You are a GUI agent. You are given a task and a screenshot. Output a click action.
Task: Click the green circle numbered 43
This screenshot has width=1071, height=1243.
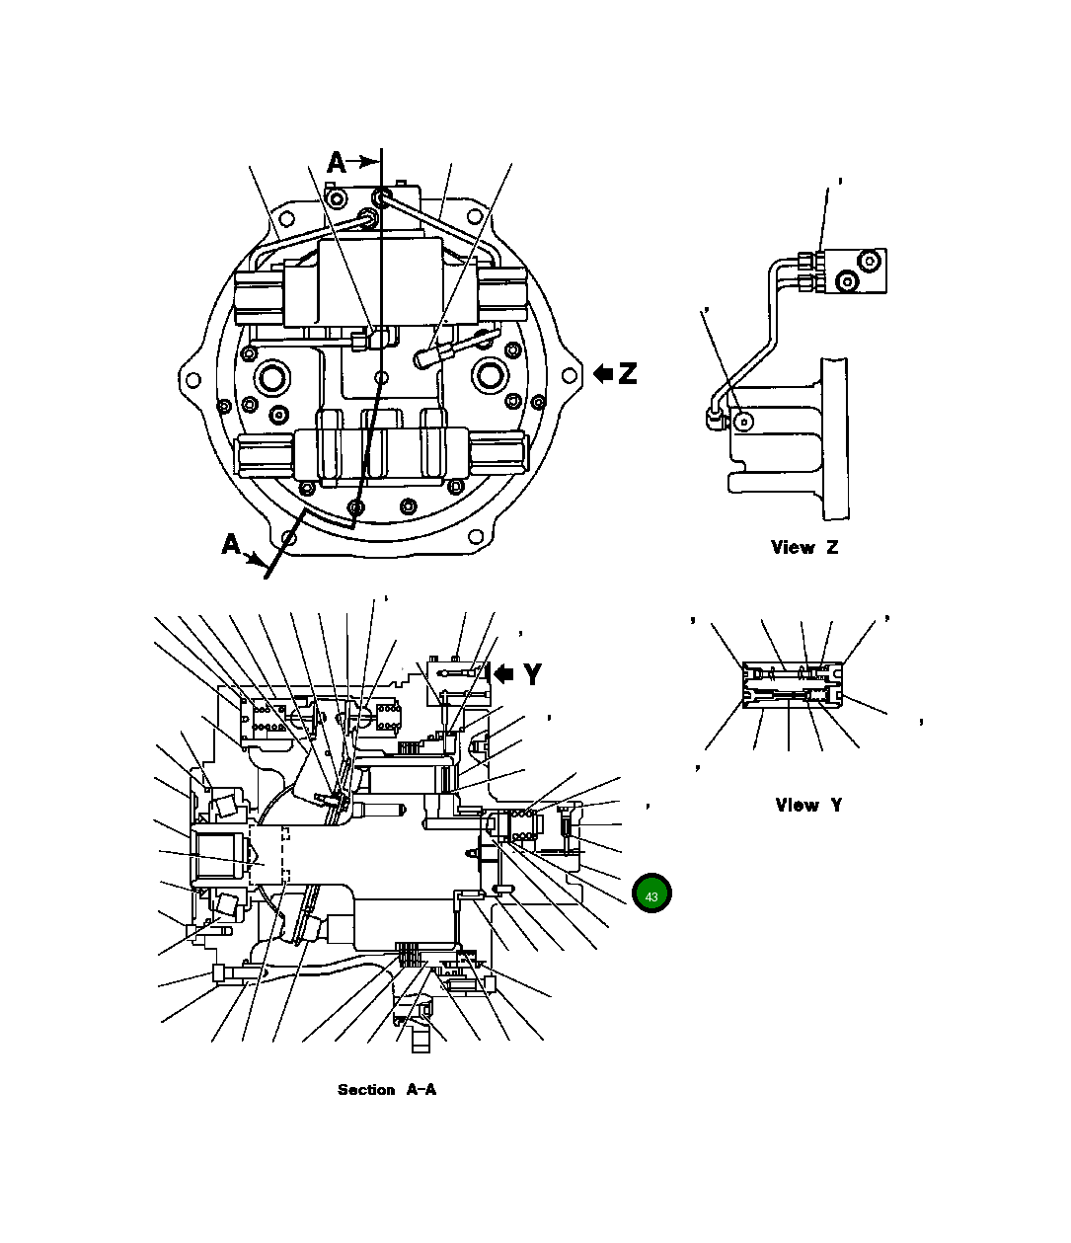click(x=651, y=893)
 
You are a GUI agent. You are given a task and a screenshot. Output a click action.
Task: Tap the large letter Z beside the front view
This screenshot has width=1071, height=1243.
click(x=627, y=373)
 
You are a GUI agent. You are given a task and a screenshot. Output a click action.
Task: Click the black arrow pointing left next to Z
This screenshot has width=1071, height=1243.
click(x=603, y=373)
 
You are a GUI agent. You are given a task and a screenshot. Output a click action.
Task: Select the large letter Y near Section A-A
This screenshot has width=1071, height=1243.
click(x=533, y=674)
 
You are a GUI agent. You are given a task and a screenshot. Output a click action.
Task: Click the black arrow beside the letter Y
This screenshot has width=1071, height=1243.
click(x=503, y=674)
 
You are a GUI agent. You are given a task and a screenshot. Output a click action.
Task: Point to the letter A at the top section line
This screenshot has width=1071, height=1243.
click(x=338, y=162)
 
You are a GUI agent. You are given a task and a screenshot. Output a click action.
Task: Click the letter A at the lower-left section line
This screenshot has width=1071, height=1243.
click(x=231, y=544)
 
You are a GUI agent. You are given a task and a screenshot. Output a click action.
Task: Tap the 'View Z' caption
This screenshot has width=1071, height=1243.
click(x=804, y=547)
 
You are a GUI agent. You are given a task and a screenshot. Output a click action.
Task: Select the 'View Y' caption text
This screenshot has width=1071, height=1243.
click(x=808, y=805)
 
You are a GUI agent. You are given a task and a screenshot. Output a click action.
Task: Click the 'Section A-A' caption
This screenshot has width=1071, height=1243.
click(x=386, y=1090)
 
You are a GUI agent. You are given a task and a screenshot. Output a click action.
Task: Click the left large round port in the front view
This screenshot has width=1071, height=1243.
click(x=271, y=376)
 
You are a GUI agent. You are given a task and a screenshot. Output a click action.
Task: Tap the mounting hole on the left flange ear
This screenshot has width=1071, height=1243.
click(x=193, y=379)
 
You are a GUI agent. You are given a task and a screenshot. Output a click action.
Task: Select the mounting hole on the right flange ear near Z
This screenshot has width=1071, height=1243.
click(x=568, y=376)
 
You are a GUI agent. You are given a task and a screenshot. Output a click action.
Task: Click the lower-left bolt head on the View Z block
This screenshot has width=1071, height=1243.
click(x=846, y=282)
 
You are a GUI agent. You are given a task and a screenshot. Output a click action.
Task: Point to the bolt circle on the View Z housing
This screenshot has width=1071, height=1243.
click(x=745, y=422)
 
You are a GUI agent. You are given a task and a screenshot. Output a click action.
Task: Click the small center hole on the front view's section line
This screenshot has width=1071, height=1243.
click(x=382, y=376)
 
